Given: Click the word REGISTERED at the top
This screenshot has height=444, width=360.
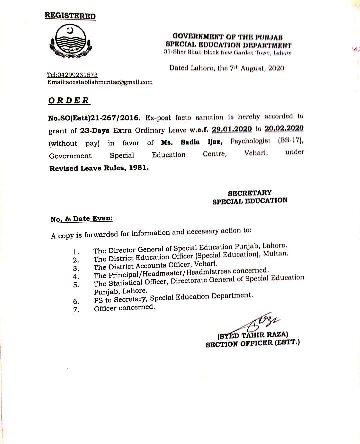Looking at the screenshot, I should click(70, 16).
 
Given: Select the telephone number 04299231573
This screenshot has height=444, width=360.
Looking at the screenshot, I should click(76, 75).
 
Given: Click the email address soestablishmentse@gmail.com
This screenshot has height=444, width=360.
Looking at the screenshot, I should click(100, 82).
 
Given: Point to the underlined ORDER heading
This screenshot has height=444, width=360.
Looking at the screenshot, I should click(69, 100).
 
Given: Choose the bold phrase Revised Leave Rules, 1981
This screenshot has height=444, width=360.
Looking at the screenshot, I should click(98, 168).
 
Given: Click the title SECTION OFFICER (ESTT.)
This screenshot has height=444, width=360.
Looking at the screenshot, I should click(252, 343).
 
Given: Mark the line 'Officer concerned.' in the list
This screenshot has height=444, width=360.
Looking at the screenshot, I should click(124, 308).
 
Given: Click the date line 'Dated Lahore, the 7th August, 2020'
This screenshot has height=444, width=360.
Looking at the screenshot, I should click(226, 68).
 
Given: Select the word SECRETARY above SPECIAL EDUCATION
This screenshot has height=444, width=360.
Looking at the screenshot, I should click(250, 192).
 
